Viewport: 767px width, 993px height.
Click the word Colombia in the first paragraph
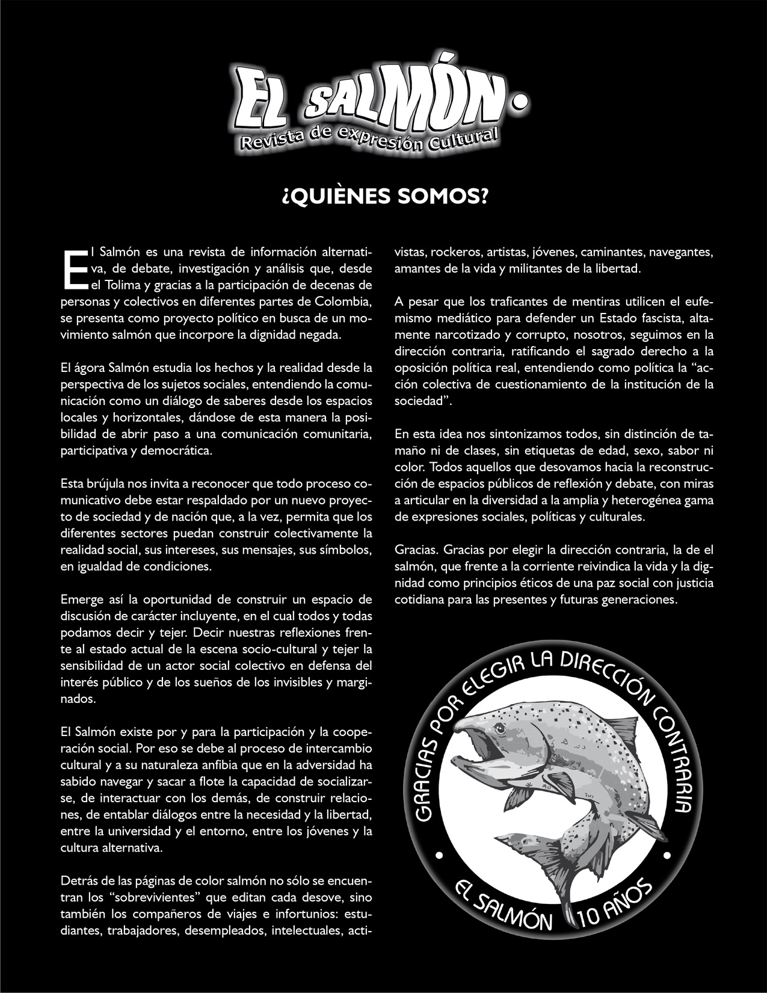click(x=342, y=301)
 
